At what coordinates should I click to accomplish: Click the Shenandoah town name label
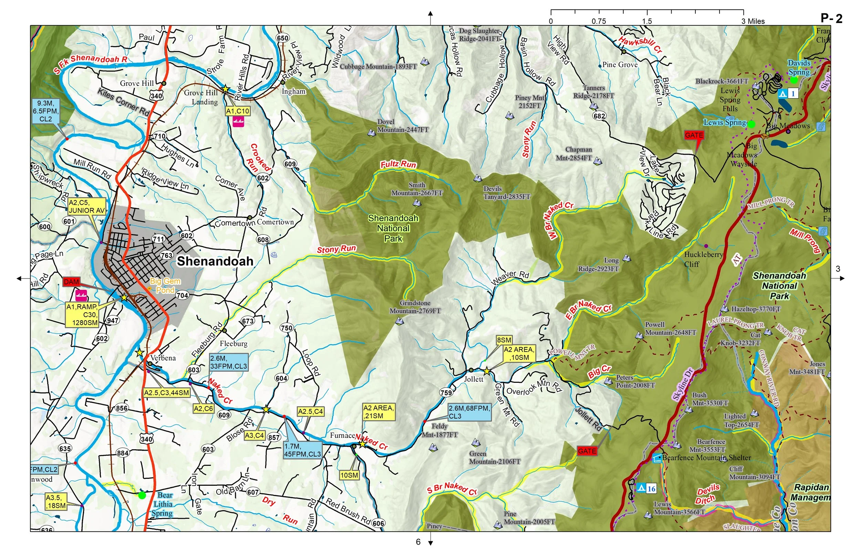(215, 261)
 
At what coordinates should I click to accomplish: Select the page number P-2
(831, 18)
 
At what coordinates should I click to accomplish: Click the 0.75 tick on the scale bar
(599, 21)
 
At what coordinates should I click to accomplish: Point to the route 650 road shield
(282, 38)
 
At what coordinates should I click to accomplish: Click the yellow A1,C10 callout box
(238, 111)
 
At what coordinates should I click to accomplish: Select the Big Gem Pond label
(165, 285)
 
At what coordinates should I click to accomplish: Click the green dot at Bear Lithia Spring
(142, 495)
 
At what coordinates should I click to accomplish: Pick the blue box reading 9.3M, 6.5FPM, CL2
(45, 111)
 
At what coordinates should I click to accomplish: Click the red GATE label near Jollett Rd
(587, 451)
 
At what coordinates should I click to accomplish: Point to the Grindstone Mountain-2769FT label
(415, 307)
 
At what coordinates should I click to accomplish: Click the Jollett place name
(473, 379)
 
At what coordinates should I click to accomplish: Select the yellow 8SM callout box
(504, 340)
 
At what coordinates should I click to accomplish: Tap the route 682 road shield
(599, 116)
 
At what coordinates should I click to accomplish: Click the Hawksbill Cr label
(640, 45)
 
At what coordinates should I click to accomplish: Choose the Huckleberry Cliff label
(703, 259)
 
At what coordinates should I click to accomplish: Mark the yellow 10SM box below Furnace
(349, 475)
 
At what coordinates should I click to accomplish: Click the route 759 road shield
(446, 392)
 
